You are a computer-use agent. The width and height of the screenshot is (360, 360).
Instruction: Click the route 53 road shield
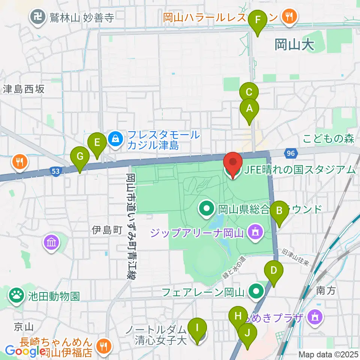(x=55, y=171)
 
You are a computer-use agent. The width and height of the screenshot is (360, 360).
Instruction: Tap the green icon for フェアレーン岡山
(x=257, y=291)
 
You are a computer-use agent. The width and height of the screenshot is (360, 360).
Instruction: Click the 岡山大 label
(x=294, y=45)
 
